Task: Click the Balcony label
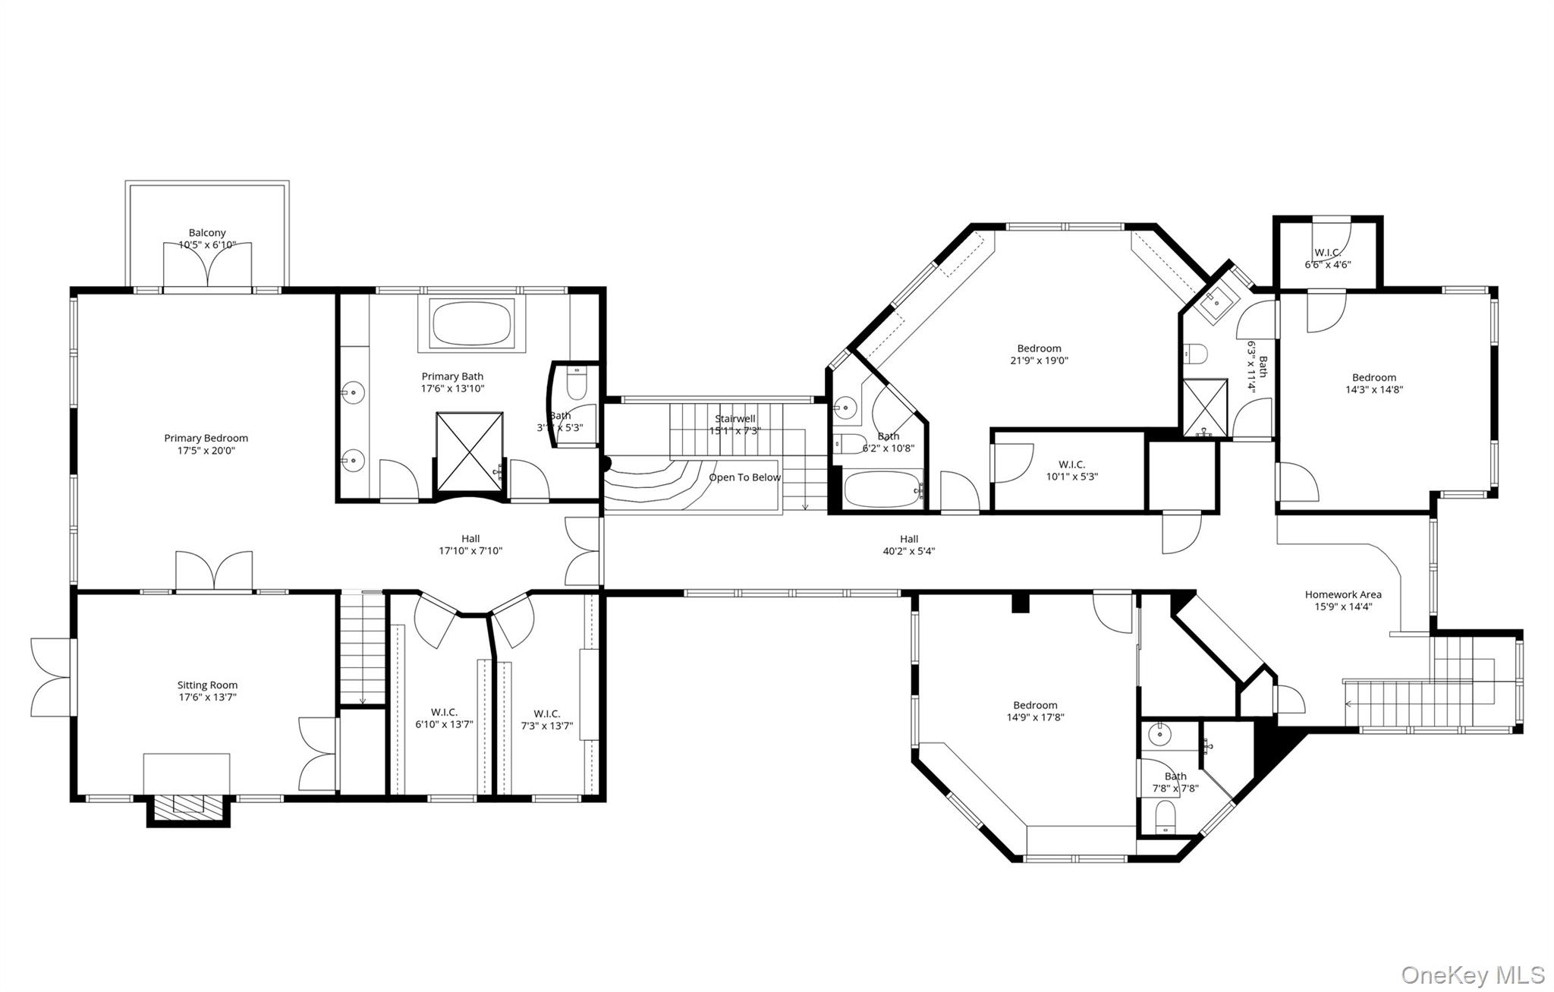207,233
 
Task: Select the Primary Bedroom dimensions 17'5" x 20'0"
206,451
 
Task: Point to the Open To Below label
744,477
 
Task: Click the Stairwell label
735,419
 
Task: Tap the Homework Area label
1343,595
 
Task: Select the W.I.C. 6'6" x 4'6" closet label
1327,259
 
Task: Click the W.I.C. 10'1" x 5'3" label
1071,471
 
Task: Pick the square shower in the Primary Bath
470,452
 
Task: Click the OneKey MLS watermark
1472,975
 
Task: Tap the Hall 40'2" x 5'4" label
908,546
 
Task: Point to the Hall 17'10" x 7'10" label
470,545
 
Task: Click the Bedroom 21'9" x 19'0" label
1039,354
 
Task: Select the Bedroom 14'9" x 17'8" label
1035,711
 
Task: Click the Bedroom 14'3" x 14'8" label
1373,383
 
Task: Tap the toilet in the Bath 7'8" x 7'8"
1164,818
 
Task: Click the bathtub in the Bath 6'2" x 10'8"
881,490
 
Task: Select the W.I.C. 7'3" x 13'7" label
546,720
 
